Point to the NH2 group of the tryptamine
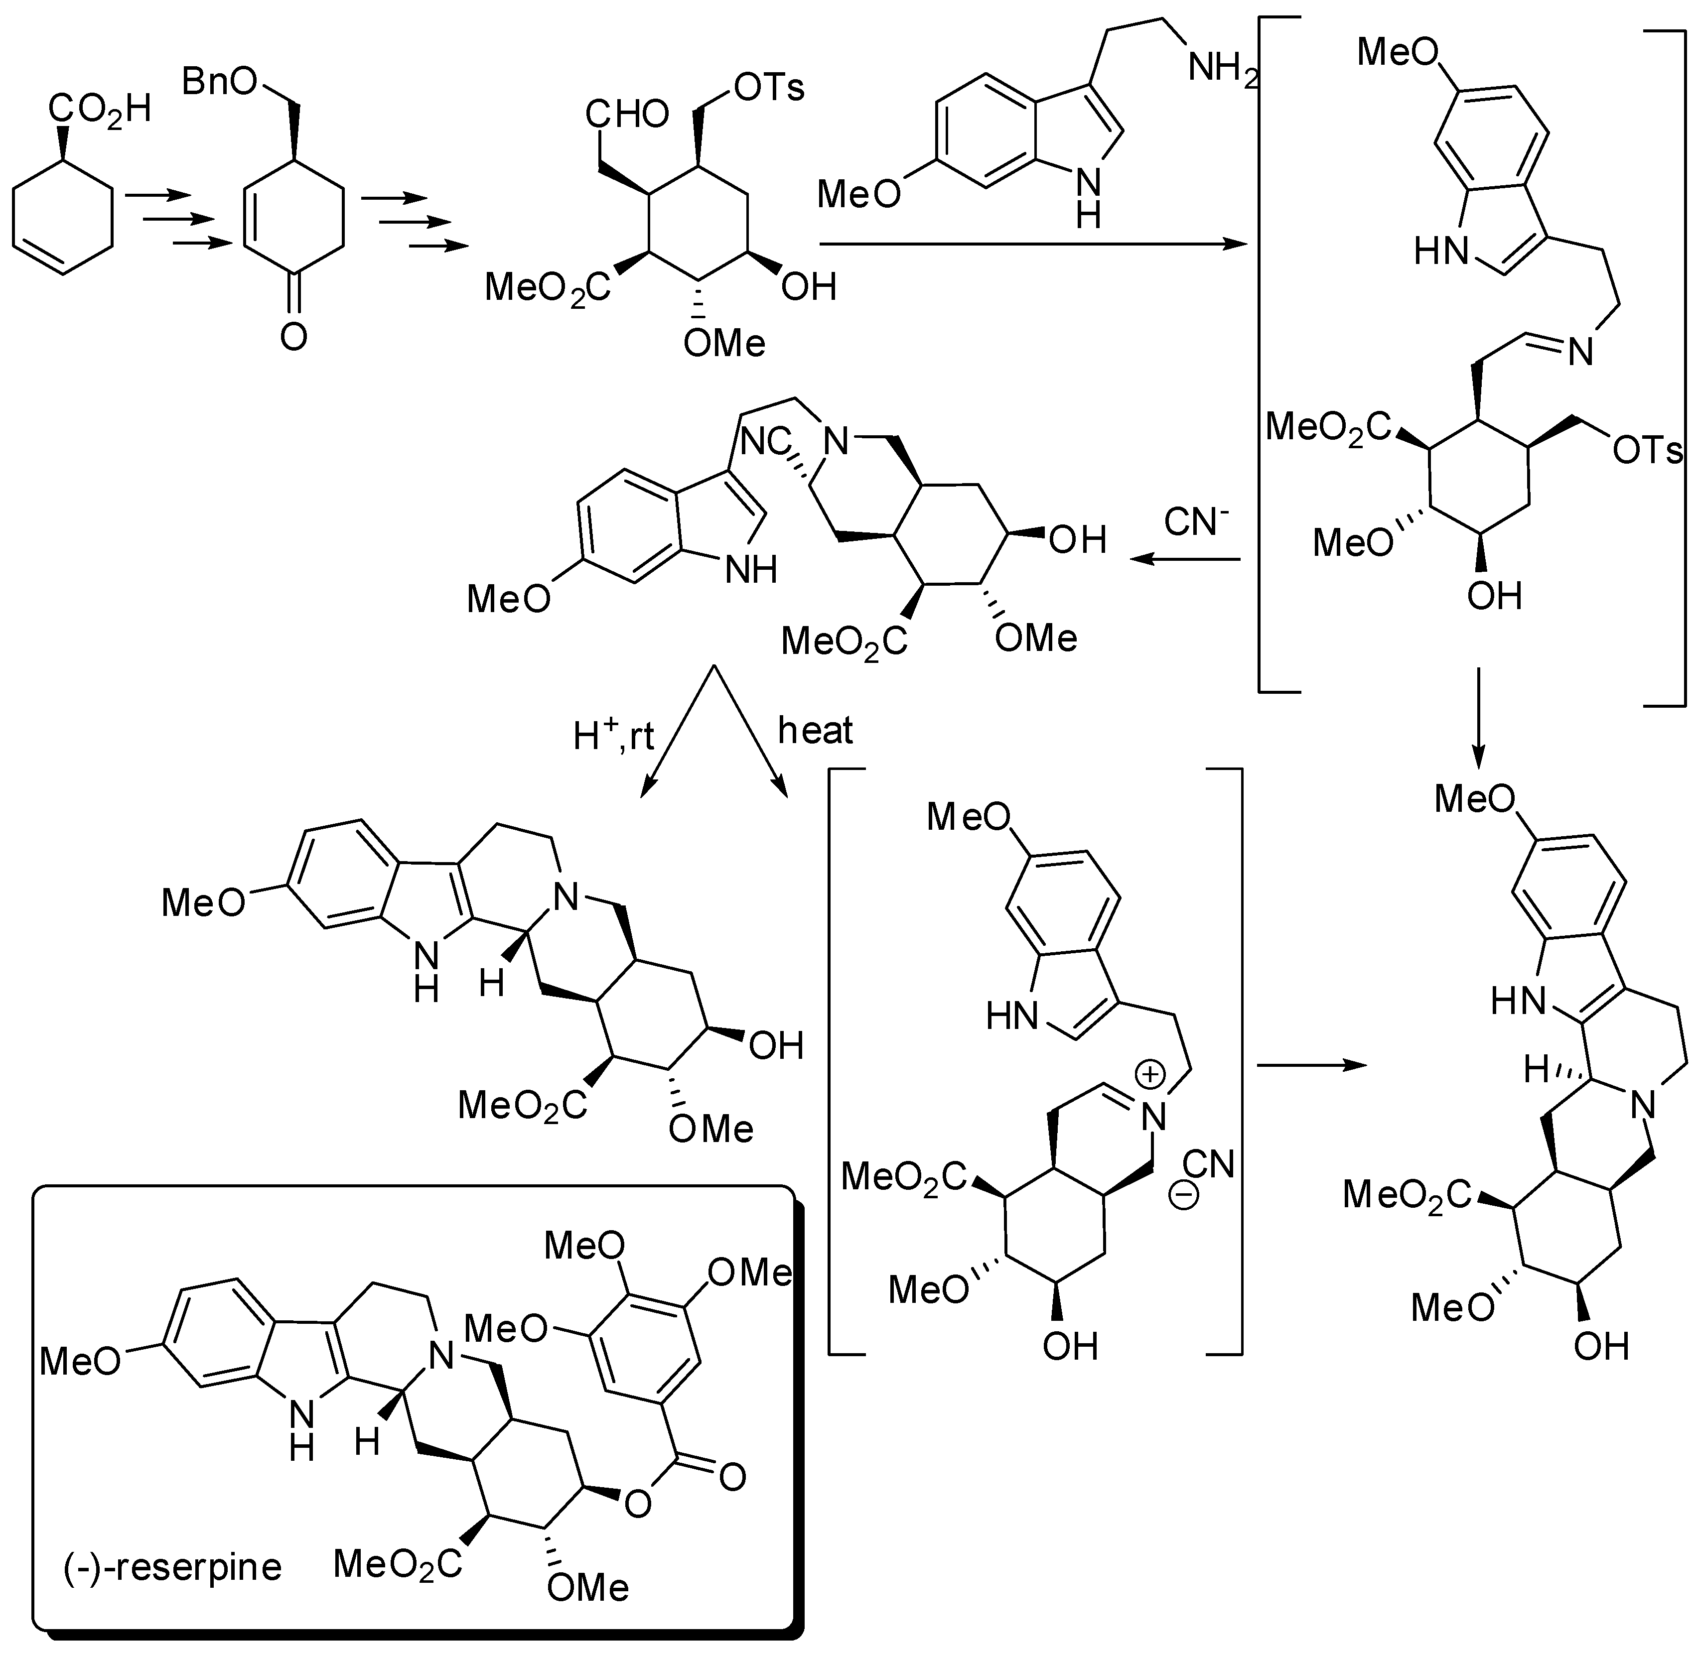click(1223, 68)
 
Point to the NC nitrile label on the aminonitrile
click(767, 441)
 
